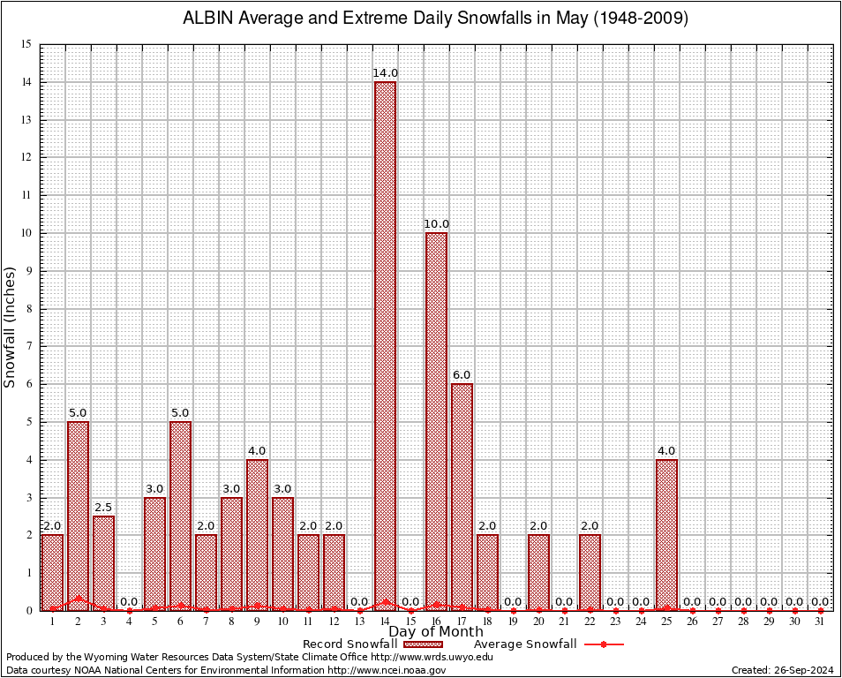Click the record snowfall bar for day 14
385,344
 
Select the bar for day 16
436,420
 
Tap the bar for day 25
666,534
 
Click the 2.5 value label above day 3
103,507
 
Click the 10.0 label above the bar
436,224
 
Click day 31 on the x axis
820,621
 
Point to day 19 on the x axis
513,621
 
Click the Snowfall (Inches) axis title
10,327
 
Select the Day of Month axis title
435,632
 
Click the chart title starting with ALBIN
435,19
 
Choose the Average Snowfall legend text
525,644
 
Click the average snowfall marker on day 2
78,598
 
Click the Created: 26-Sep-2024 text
783,670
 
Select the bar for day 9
257,534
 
